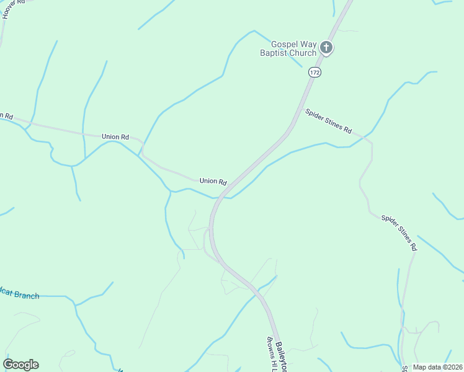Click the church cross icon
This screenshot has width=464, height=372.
pyautogui.click(x=326, y=48)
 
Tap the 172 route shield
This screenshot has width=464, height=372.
pyautogui.click(x=315, y=73)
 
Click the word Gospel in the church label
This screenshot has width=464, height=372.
pyautogui.click(x=284, y=44)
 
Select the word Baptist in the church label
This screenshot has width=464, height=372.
pyautogui.click(x=274, y=53)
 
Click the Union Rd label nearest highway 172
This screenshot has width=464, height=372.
pyautogui.click(x=213, y=181)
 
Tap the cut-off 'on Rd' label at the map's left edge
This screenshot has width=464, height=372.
pyautogui.click(x=6, y=115)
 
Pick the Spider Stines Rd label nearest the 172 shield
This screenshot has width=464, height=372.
pyautogui.click(x=328, y=121)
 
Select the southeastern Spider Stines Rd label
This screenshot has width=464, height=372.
pyautogui.click(x=399, y=232)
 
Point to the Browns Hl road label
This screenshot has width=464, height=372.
pyautogui.click(x=271, y=355)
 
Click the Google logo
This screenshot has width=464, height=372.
pyautogui.click(x=20, y=365)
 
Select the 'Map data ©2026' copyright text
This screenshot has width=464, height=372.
pyautogui.click(x=437, y=367)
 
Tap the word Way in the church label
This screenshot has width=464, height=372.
pyautogui.click(x=307, y=44)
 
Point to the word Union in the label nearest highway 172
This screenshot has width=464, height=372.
pyautogui.click(x=208, y=181)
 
